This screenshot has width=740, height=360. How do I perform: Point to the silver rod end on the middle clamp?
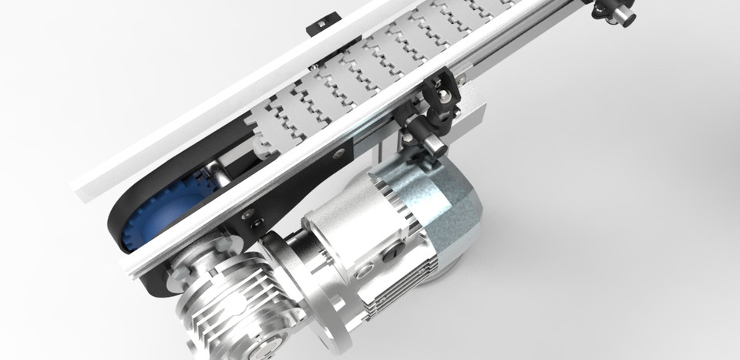point(432,143)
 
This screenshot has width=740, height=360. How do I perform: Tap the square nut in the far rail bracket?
point(315,25)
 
